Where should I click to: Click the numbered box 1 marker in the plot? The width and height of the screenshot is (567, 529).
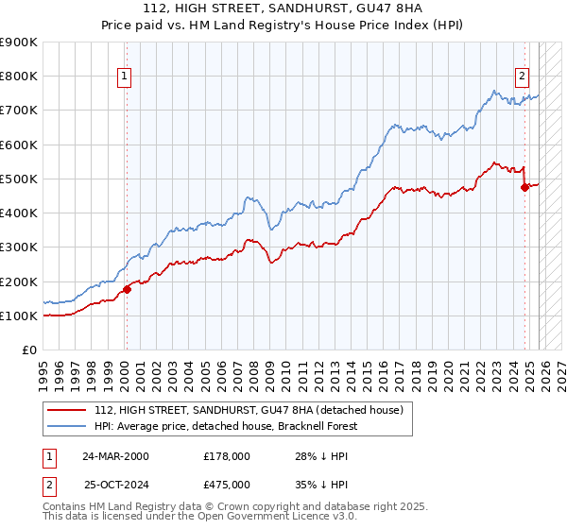click(125, 77)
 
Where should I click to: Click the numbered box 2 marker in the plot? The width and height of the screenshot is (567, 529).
click(522, 77)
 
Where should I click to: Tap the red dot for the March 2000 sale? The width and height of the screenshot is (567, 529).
click(127, 289)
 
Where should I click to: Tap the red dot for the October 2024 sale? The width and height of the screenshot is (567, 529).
click(525, 187)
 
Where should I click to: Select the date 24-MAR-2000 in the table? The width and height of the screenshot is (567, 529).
click(115, 455)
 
